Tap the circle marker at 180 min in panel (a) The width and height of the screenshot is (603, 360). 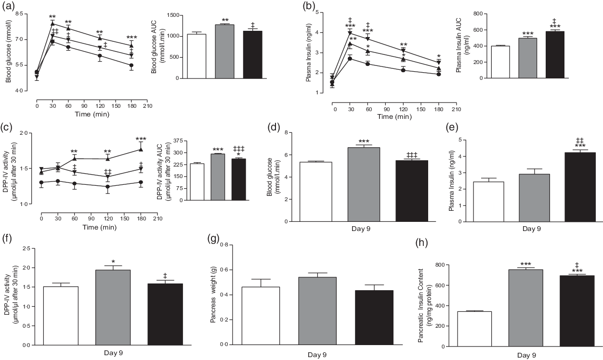(131, 65)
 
